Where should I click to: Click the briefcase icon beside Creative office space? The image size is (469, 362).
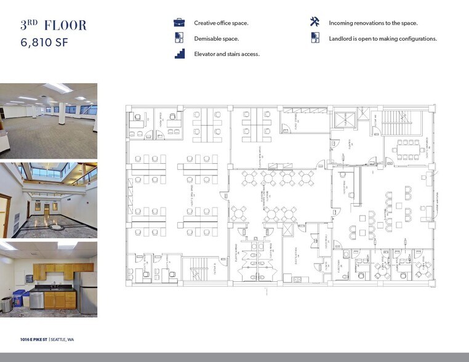(x=179, y=23)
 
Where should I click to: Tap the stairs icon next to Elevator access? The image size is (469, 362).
(x=179, y=54)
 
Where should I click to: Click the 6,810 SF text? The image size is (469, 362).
(x=44, y=44)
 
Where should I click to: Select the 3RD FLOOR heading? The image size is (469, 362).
(x=54, y=26)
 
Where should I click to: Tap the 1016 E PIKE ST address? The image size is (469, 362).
(x=34, y=340)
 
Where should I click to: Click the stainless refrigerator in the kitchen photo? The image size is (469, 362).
(x=87, y=292)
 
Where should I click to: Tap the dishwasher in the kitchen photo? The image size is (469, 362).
(x=38, y=300)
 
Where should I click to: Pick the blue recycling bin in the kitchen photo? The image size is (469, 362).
(x=19, y=299)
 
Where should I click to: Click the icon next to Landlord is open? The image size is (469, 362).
(x=315, y=38)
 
